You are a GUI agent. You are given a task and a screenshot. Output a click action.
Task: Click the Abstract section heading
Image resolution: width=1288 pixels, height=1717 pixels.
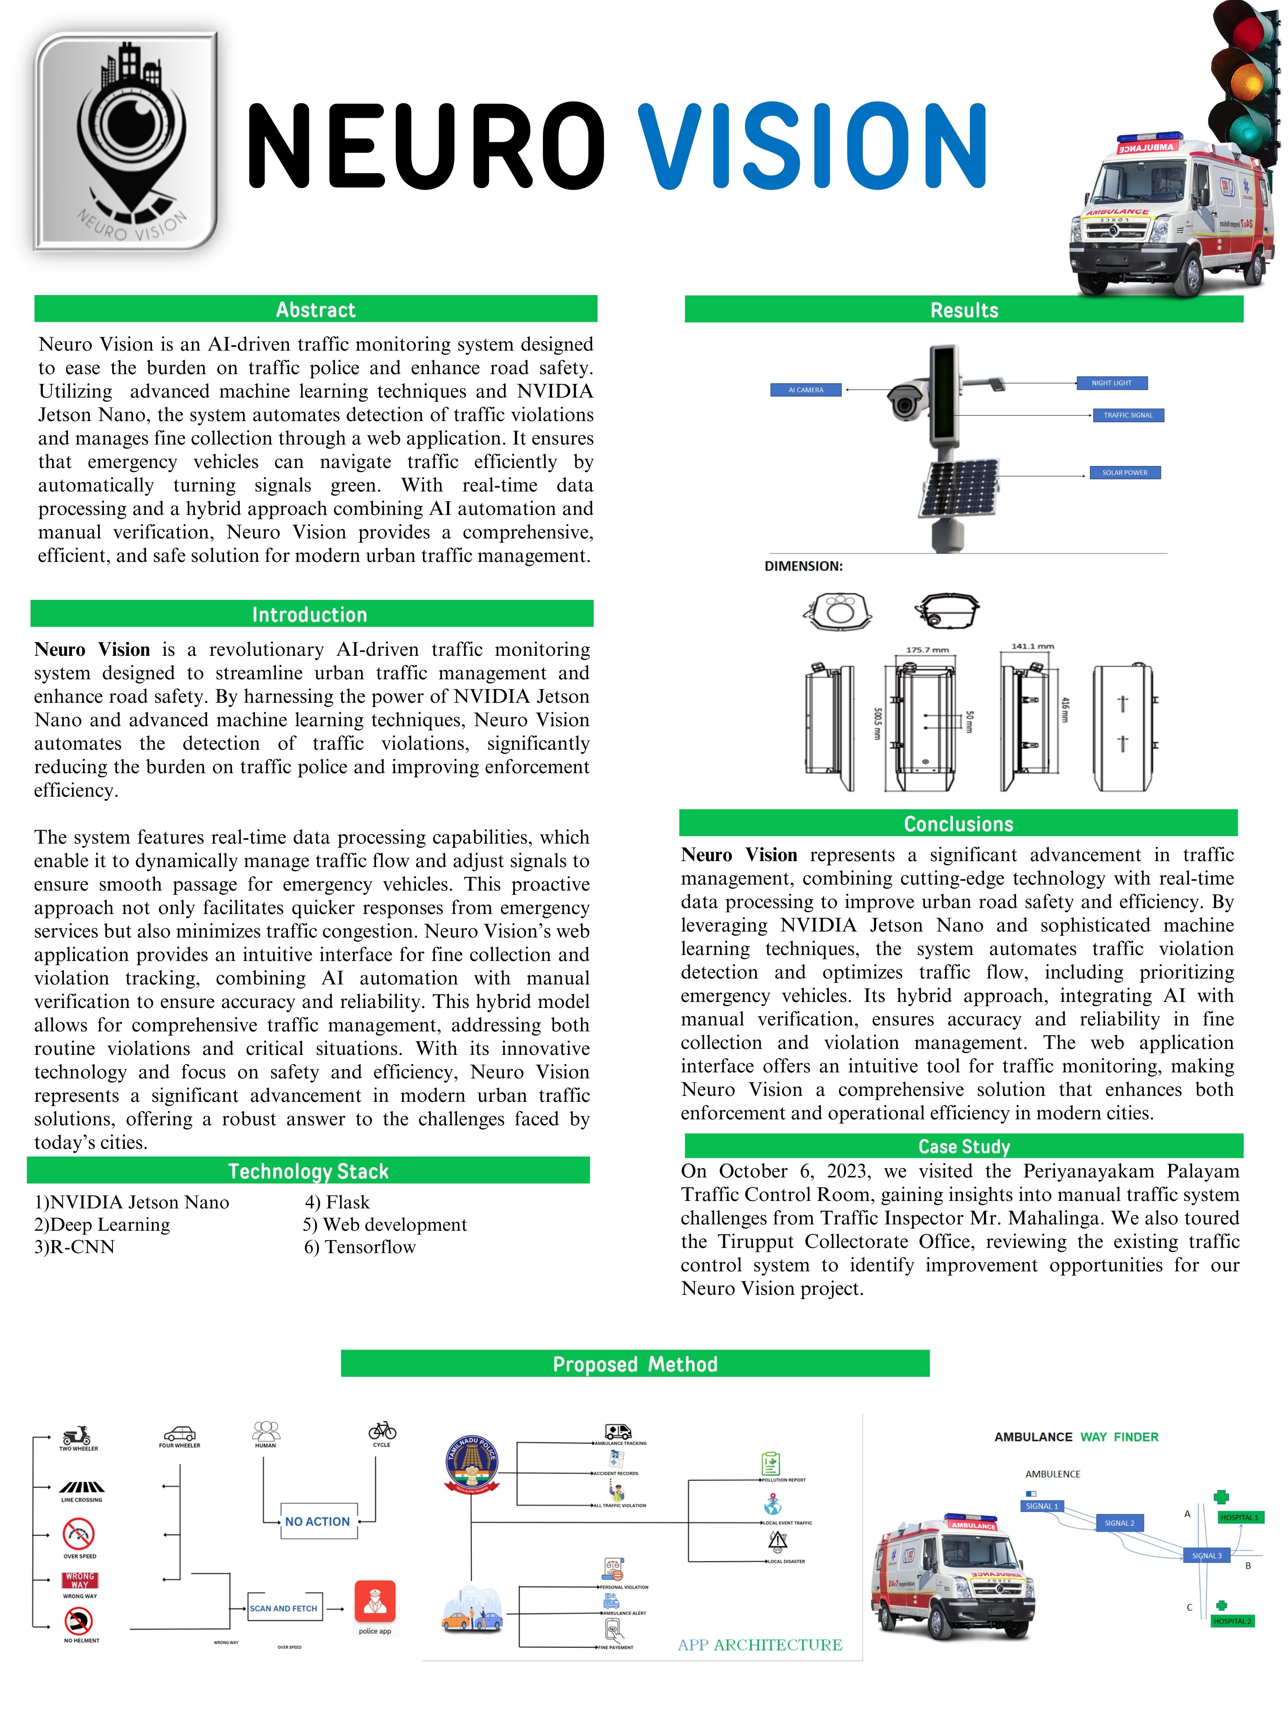[315, 310]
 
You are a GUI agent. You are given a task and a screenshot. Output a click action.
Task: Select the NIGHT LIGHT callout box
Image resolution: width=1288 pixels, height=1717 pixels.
[1111, 383]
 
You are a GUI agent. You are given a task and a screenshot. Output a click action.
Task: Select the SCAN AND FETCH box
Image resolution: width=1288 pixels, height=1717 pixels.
[283, 1608]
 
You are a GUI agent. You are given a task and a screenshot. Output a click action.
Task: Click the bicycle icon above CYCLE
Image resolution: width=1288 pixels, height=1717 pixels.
[382, 1430]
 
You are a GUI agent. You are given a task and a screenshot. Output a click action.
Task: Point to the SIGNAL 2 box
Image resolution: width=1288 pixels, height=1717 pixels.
[1119, 1523]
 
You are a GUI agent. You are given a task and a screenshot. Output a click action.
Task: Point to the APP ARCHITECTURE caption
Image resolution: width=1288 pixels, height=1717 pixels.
[759, 1645]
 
